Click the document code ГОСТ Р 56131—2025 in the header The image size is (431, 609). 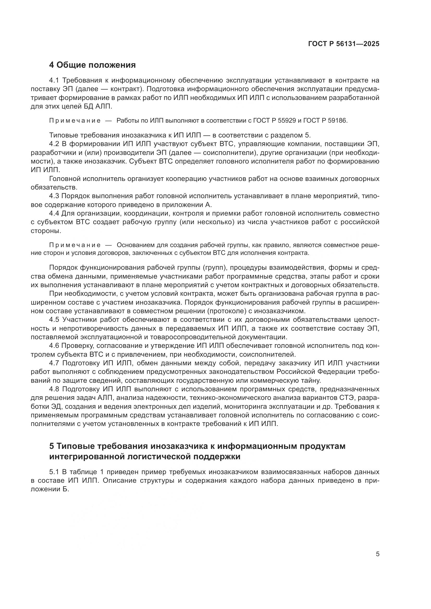point(344,44)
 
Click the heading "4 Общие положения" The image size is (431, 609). point(92,65)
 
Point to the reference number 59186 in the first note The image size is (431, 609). point(337,121)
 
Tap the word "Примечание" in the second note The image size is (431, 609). point(75,245)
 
